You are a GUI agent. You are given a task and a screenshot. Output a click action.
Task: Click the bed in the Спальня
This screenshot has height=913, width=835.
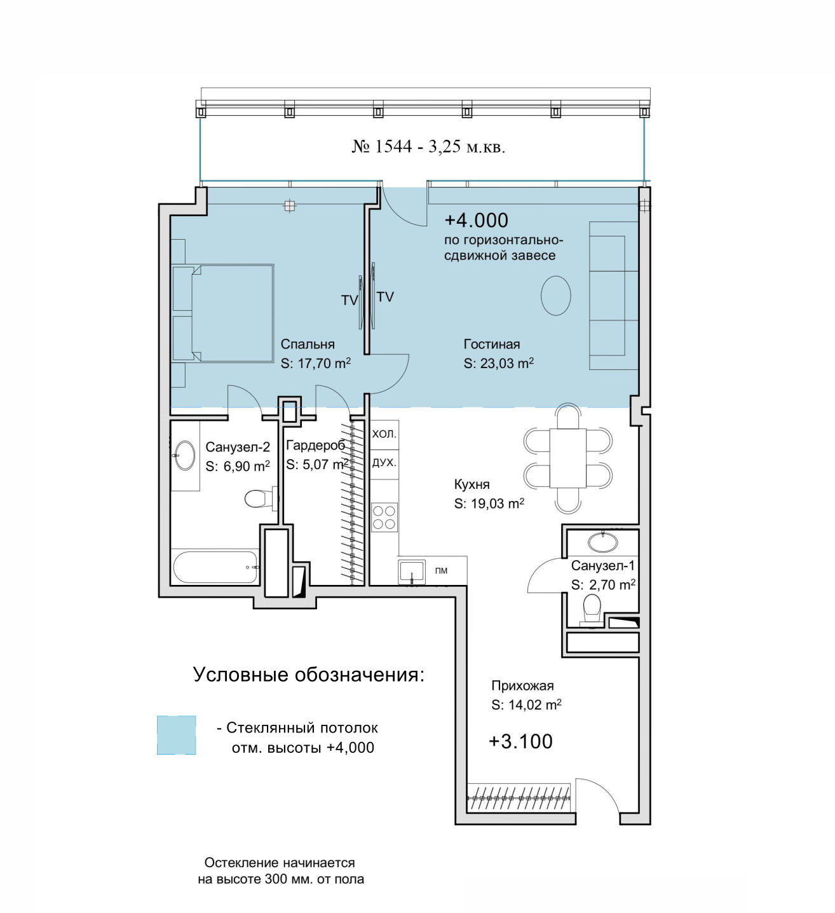click(222, 313)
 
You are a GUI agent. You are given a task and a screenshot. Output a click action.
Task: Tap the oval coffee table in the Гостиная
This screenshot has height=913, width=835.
click(555, 296)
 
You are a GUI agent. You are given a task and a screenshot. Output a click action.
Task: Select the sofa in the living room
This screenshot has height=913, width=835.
click(614, 296)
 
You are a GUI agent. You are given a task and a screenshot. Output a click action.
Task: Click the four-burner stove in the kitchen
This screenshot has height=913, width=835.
click(384, 518)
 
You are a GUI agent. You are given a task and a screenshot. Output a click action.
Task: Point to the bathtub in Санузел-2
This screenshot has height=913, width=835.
click(215, 567)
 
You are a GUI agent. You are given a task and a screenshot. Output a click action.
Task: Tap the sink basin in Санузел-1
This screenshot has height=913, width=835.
click(603, 542)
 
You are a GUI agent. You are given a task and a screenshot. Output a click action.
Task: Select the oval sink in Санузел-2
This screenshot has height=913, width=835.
click(185, 455)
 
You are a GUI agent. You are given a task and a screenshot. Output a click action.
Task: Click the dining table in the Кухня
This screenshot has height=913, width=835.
click(567, 458)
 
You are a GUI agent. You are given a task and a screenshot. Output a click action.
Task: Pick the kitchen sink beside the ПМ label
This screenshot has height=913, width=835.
click(412, 572)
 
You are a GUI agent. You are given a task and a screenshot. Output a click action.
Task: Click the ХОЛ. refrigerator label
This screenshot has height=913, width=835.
click(384, 434)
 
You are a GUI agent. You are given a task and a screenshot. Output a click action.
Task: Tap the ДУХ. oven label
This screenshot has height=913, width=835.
click(384, 463)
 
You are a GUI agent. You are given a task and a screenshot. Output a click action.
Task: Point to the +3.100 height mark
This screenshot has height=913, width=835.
click(520, 741)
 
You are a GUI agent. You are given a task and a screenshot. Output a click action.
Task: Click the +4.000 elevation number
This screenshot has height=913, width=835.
click(476, 220)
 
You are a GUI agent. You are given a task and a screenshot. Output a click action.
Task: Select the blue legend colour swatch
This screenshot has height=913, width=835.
click(177, 735)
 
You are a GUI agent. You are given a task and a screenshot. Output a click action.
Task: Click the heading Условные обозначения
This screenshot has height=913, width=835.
click(309, 675)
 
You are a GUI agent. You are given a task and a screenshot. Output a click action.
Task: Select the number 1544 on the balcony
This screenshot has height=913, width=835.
click(393, 146)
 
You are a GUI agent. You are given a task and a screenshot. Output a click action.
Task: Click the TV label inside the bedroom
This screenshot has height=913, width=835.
click(350, 300)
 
